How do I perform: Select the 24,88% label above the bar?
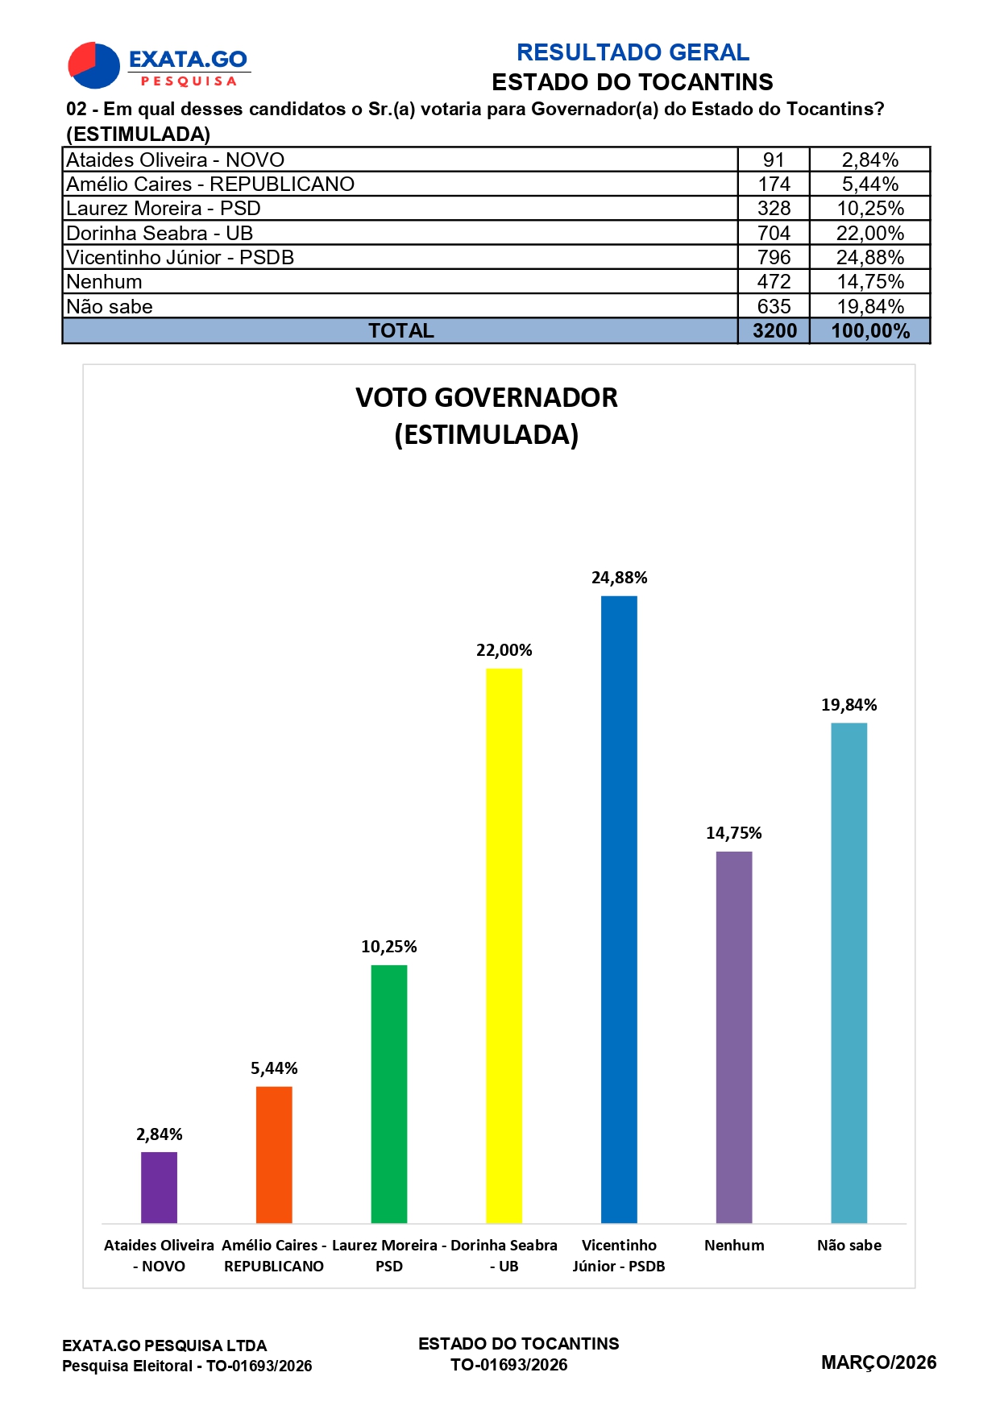pos(619,578)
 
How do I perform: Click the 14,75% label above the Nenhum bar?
pos(733,833)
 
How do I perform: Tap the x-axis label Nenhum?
pos(733,1245)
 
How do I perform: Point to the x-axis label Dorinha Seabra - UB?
pos(504,1255)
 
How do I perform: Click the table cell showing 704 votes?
pos(774,234)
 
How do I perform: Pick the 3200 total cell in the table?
pos(774,331)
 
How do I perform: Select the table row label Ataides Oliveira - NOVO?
pos(175,160)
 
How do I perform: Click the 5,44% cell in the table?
pos(869,185)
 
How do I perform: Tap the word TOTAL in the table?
pos(400,331)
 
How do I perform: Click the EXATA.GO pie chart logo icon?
pos(93,65)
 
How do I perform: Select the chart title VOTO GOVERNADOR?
pos(487,398)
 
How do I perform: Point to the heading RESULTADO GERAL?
pos(633,52)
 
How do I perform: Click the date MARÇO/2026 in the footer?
pos(878,1362)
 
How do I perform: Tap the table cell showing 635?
pos(774,307)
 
